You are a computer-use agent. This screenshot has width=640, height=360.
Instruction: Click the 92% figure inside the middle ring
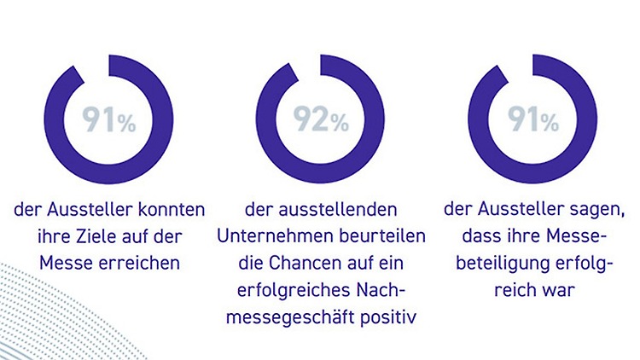tap(323, 120)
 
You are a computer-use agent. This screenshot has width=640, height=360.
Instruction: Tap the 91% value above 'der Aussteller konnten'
tap(109, 120)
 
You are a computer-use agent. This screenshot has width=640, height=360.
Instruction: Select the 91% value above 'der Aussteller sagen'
tap(532, 120)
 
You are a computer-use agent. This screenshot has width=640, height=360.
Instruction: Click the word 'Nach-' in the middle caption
tap(378, 289)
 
